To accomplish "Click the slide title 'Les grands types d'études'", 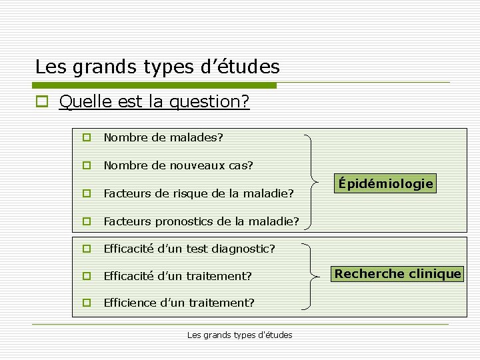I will click(157, 67).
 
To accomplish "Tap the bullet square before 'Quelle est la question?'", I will click(42, 102).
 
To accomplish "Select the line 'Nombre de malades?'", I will click(163, 138).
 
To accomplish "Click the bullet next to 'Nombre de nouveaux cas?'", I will click(86, 165).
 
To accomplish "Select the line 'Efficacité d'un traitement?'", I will click(177, 275).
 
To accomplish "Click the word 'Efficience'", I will click(130, 303).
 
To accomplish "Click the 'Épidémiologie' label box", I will click(385, 183).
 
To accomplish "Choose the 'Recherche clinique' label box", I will click(397, 273).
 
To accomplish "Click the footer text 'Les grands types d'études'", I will click(240, 335).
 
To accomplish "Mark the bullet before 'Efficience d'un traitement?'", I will click(86, 303).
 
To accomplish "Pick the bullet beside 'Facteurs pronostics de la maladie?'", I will click(86, 221).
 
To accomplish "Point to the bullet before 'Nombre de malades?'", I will click(86, 138).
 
